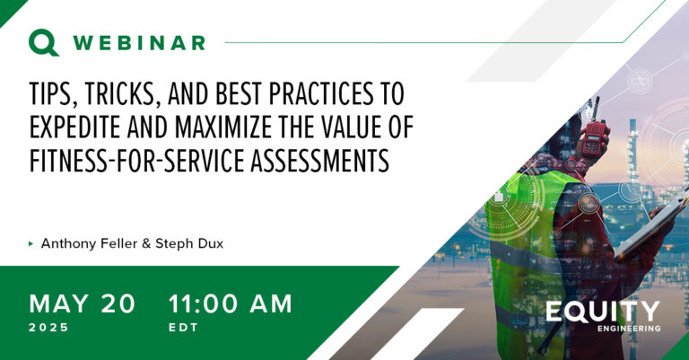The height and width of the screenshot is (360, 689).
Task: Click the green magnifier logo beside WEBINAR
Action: (43, 42)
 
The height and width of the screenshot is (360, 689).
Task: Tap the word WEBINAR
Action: (139, 43)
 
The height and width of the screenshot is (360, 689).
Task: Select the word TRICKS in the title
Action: (119, 93)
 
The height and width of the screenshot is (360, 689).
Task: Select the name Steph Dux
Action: (189, 243)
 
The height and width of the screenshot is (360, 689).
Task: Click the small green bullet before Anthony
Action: (31, 243)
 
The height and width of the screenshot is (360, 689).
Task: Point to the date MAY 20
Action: (83, 303)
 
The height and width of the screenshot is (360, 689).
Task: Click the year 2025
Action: (48, 328)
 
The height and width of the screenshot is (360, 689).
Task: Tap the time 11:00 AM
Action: (231, 303)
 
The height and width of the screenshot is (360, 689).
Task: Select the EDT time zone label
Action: (183, 328)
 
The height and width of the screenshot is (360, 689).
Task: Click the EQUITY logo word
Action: (603, 312)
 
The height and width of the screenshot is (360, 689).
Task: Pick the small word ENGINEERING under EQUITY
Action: (629, 329)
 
